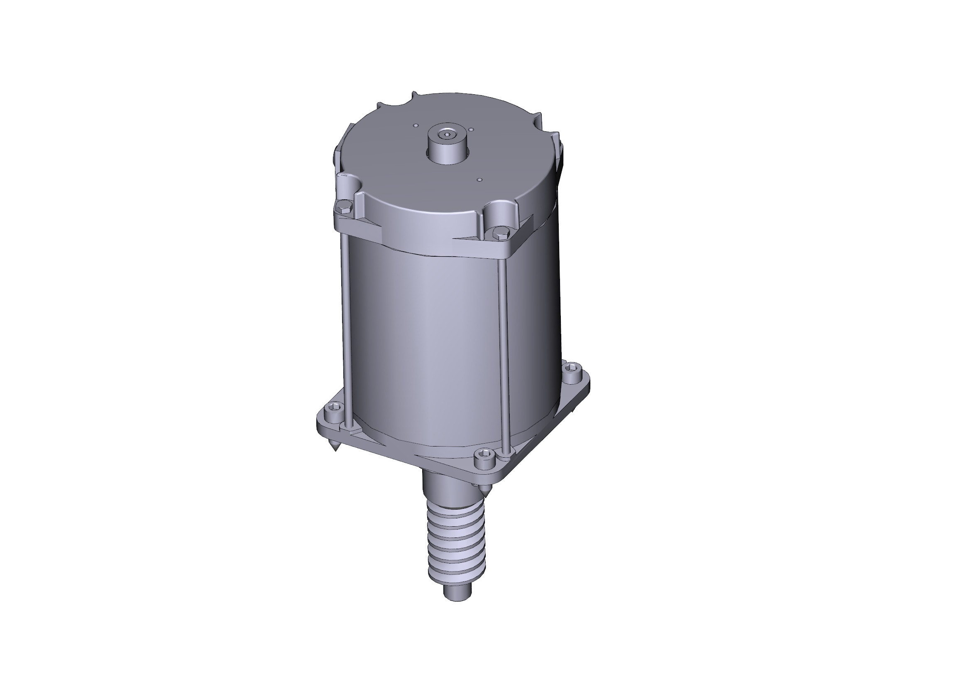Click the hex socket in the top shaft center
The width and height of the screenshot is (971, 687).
(447, 135)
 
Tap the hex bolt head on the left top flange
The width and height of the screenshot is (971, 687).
(341, 207)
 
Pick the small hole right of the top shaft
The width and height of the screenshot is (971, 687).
(471, 130)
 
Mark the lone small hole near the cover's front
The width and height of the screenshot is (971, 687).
(479, 179)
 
